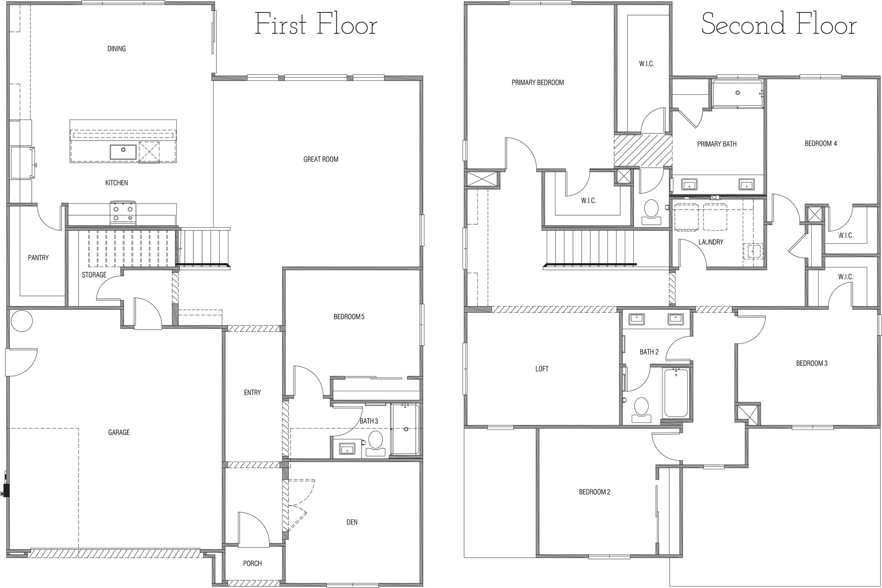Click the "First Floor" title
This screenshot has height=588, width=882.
pyautogui.click(x=316, y=24)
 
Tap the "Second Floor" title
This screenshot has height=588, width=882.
pyautogui.click(x=779, y=24)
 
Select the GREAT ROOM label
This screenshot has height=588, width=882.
pyautogui.click(x=321, y=160)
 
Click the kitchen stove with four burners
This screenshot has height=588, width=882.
pyautogui.click(x=124, y=213)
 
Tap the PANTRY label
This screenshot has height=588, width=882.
pyautogui.click(x=38, y=258)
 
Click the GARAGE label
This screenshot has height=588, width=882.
pyautogui.click(x=119, y=432)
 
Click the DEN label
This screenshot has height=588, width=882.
pyautogui.click(x=352, y=522)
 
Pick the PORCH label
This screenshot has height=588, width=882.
pyautogui.click(x=252, y=563)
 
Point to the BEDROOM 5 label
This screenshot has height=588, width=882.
pyautogui.click(x=349, y=317)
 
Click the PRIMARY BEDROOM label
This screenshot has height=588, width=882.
pyautogui.click(x=537, y=83)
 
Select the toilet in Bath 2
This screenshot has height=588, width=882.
pyautogui.click(x=641, y=410)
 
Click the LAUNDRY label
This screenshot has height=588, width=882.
pyautogui.click(x=711, y=242)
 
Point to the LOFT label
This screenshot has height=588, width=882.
pyautogui.click(x=542, y=369)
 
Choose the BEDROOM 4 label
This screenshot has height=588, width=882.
pyautogui.click(x=820, y=143)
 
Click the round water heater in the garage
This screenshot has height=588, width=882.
pyautogui.click(x=22, y=320)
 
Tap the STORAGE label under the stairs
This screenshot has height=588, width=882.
pyautogui.click(x=94, y=275)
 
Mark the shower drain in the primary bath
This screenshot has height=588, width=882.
pyautogui.click(x=738, y=92)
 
